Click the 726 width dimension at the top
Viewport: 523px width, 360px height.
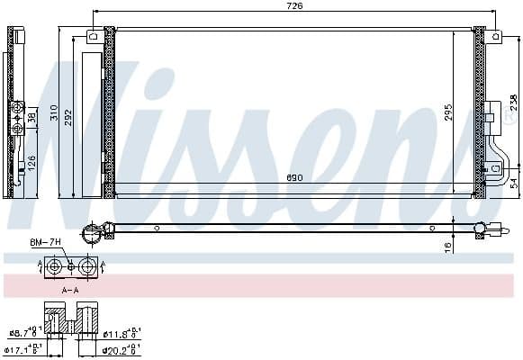[294, 6]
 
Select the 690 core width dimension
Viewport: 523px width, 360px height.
[294, 178]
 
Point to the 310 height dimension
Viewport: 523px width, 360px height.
[56, 113]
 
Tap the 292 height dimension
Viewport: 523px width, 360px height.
[71, 113]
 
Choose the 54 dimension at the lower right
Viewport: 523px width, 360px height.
[513, 182]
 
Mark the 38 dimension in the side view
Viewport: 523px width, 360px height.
[32, 117]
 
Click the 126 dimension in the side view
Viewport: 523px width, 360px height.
[32, 162]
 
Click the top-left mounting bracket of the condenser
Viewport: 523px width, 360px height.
[94, 37]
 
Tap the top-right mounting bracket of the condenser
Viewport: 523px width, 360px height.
[494, 37]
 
